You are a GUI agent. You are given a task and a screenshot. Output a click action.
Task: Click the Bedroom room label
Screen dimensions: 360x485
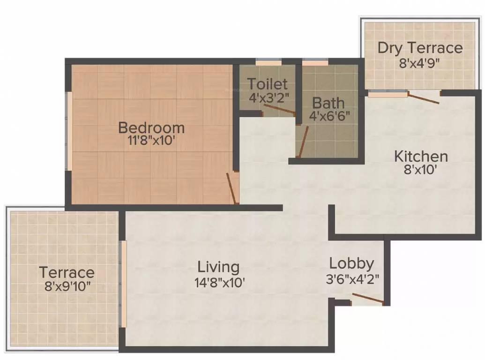(151, 127)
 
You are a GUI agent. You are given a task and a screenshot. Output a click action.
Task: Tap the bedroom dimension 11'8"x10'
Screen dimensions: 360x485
(151, 141)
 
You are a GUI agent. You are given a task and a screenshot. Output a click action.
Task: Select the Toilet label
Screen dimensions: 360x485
(267, 84)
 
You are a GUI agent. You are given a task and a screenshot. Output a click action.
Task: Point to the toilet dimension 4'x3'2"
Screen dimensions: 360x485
(267, 97)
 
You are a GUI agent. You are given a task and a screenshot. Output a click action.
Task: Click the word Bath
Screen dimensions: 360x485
(328, 103)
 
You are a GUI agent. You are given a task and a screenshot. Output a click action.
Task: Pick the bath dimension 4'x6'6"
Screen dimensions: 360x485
(329, 115)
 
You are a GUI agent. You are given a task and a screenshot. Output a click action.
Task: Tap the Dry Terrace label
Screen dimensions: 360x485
(420, 48)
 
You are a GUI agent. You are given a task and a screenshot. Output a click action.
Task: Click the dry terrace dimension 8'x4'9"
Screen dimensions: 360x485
(420, 62)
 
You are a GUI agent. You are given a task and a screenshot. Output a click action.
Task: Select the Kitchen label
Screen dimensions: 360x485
(420, 156)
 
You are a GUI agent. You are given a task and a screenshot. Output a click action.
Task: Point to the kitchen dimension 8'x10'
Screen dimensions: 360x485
(420, 169)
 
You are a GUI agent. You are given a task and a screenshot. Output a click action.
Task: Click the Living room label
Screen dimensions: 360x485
(218, 267)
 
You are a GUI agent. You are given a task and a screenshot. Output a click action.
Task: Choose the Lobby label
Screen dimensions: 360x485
(351, 263)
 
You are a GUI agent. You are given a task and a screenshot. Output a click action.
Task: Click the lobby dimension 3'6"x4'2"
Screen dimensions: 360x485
(352, 278)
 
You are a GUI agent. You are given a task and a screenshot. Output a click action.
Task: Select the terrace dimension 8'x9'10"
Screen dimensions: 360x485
(66, 286)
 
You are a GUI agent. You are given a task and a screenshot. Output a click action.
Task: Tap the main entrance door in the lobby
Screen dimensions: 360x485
(367, 299)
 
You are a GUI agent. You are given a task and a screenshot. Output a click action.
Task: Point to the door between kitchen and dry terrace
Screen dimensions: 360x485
(423, 98)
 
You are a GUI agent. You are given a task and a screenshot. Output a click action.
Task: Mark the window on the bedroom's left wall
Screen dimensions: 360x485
(69, 131)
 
